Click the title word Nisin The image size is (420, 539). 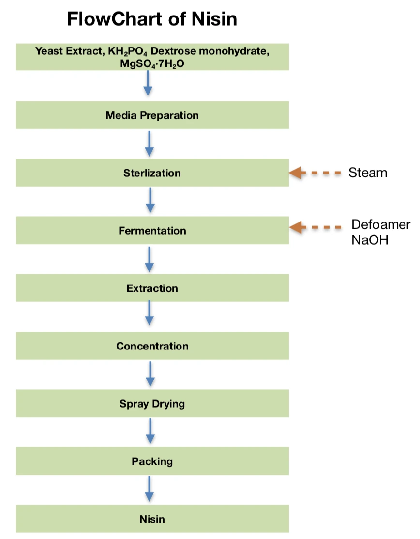[x=214, y=19]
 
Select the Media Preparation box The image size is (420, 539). [x=152, y=115]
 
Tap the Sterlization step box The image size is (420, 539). [x=152, y=173]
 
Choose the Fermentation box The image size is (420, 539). [x=152, y=230]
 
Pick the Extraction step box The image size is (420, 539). [x=152, y=288]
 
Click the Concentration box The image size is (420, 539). [x=152, y=346]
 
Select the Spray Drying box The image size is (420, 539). [x=152, y=404]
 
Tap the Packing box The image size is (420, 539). [x=152, y=461]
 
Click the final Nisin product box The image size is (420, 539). [x=152, y=519]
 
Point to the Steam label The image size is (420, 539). [x=368, y=173]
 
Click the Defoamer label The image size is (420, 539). [x=381, y=224]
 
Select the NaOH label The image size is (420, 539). [x=370, y=240]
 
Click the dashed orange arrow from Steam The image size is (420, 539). [x=315, y=173]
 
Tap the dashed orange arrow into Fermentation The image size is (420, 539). [x=315, y=227]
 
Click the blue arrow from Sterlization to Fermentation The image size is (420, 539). [x=150, y=200]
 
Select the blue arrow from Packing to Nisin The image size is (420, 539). [x=149, y=489]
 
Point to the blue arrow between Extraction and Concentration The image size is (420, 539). [x=149, y=313]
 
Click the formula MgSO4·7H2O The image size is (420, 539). [x=152, y=64]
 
